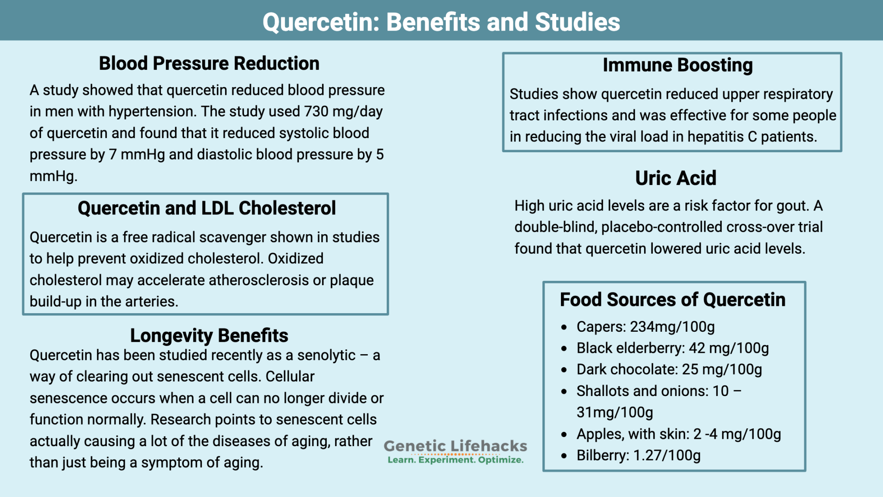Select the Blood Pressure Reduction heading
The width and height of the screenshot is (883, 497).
click(209, 63)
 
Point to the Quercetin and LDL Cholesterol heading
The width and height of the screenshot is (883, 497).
click(207, 208)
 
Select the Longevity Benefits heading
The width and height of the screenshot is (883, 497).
click(209, 335)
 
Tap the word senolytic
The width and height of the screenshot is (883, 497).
click(326, 355)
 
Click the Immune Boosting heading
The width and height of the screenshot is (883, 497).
click(677, 65)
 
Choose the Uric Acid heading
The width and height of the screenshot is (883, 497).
click(676, 178)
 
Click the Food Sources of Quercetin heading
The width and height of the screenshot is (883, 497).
click(673, 299)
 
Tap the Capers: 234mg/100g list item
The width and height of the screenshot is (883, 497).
click(645, 327)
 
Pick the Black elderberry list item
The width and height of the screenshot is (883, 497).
click(673, 348)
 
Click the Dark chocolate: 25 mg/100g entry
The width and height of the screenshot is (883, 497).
click(669, 370)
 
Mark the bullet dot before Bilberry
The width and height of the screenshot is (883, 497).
click(564, 456)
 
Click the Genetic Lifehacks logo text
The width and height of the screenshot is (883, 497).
click(455, 446)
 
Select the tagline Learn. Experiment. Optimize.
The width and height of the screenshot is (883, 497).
click(455, 460)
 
